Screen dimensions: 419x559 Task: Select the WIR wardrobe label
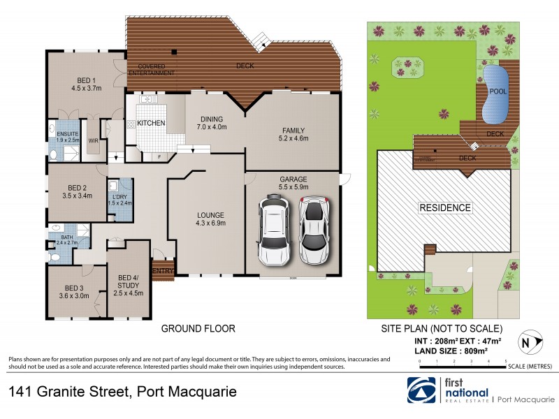click(x=93, y=140)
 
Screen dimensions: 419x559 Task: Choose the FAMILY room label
click(x=294, y=134)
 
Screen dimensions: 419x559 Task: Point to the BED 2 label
click(x=77, y=191)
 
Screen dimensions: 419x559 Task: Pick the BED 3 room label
click(x=74, y=291)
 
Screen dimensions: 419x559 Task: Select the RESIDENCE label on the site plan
click(x=444, y=207)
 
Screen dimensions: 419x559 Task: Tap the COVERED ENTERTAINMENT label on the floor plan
click(x=151, y=70)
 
